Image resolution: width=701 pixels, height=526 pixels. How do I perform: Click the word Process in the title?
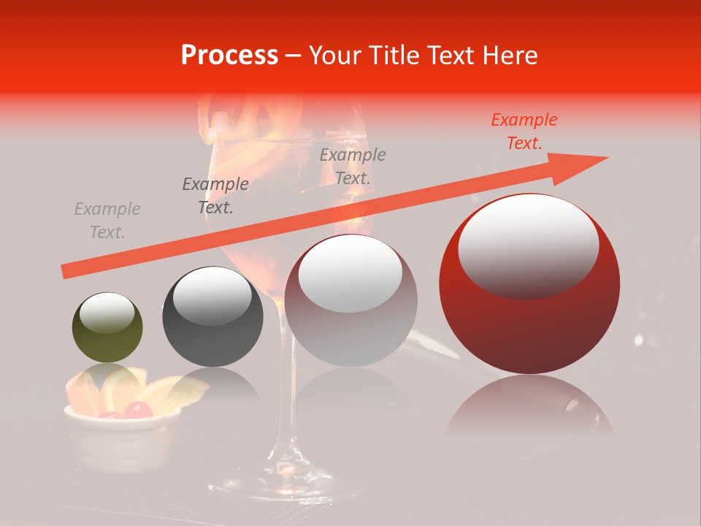229,56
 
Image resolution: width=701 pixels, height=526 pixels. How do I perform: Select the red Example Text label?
524,131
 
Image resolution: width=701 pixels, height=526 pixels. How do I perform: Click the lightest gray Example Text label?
107,221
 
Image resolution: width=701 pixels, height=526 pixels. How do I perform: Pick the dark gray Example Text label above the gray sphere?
215,196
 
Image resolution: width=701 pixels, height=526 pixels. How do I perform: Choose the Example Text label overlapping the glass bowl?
352,166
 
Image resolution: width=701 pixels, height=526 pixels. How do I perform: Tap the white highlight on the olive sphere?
107,313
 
